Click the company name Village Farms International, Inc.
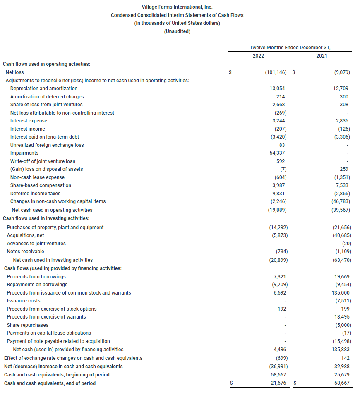pos(177,7)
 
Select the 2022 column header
pos(258,56)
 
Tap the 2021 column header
pos(322,56)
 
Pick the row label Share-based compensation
pos(41,185)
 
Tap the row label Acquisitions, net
pos(25,235)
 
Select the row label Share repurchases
pos(27,325)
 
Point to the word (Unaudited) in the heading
pos(177,31)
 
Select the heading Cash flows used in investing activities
pos(46,218)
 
